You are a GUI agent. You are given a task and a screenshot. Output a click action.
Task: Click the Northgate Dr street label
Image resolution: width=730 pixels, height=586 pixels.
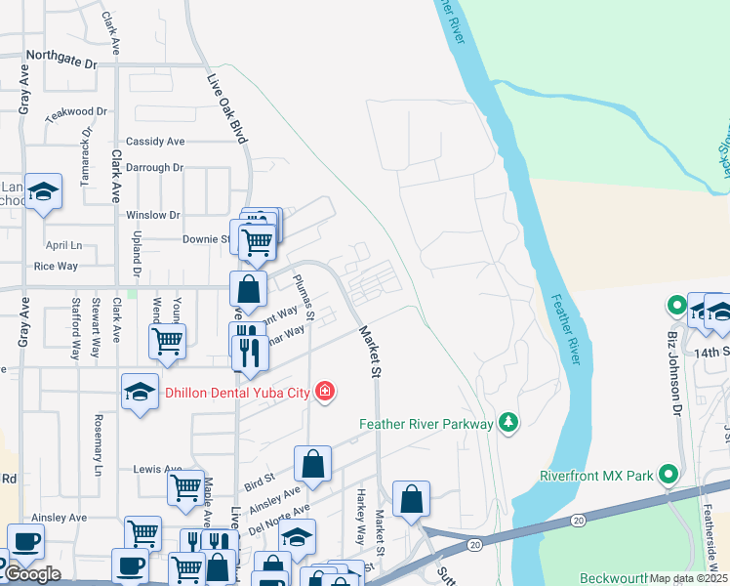(x=62, y=62)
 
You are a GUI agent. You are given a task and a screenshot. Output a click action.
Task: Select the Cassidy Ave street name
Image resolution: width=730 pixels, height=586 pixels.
(x=154, y=142)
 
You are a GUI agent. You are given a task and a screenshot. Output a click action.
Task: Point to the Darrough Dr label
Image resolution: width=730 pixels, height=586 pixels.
(x=154, y=168)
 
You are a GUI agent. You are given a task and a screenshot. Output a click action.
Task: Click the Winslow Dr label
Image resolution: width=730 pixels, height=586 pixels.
(x=153, y=215)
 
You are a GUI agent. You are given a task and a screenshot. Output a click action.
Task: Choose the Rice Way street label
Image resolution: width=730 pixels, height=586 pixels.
(x=56, y=266)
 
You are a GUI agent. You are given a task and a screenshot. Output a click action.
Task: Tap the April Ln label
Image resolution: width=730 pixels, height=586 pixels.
(x=63, y=245)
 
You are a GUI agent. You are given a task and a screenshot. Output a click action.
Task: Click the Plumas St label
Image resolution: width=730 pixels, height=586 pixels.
(x=303, y=297)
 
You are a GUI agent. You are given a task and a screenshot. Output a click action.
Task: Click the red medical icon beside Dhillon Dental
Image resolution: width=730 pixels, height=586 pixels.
(x=325, y=393)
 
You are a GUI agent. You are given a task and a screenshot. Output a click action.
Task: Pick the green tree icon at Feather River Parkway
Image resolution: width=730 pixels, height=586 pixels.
(x=507, y=422)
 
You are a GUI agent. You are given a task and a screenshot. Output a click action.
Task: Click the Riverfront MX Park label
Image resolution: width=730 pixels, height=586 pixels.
(x=596, y=477)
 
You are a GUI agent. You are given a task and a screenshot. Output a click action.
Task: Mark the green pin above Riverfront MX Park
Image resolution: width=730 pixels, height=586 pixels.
(x=669, y=476)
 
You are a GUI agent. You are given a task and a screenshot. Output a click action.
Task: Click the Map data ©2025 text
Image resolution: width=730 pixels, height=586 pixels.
(x=689, y=578)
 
